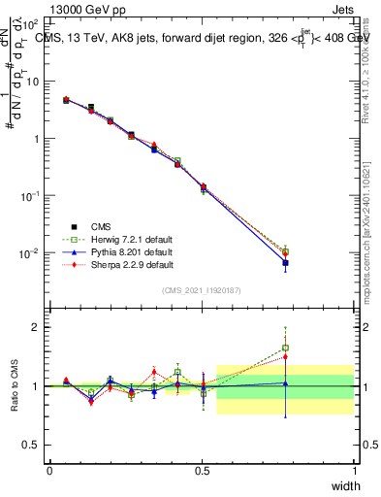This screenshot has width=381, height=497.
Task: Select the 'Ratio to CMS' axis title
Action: (x=15, y=383)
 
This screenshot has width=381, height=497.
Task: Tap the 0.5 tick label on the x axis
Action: (x=202, y=471)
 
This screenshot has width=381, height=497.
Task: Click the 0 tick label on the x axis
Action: (x=49, y=471)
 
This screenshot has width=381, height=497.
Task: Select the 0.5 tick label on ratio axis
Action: (x=31, y=446)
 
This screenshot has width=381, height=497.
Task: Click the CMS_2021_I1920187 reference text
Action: (x=202, y=290)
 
